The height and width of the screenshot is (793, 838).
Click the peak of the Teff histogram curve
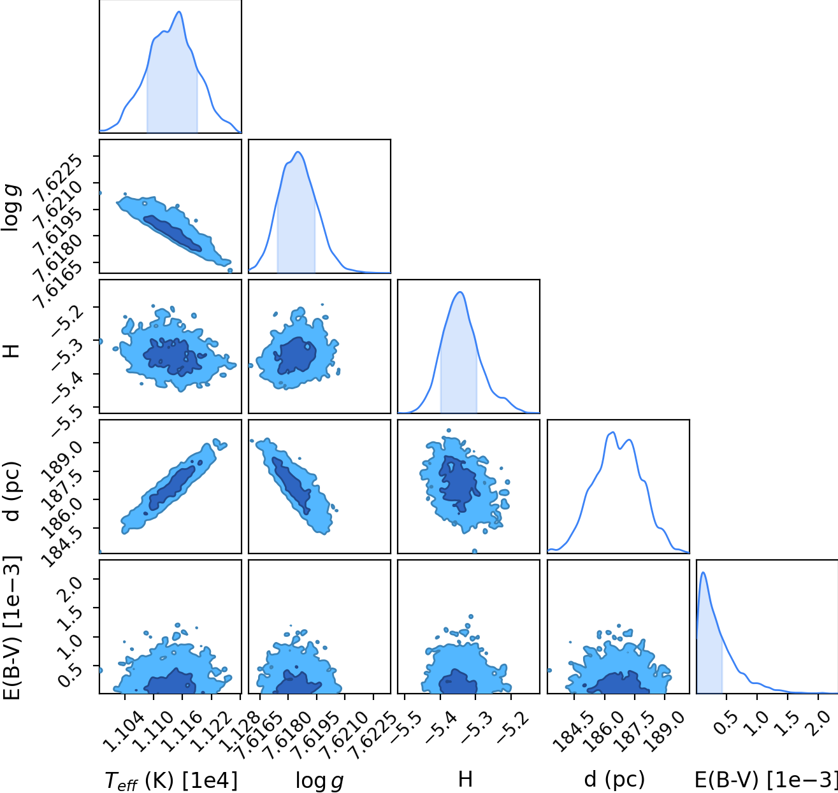click(x=180, y=11)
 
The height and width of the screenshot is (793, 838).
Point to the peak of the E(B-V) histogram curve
click(x=703, y=572)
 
